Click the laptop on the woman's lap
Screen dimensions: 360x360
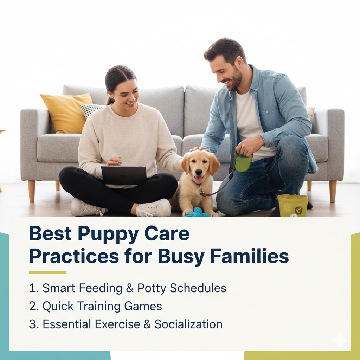click(124, 175)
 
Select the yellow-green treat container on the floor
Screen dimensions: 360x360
click(292, 206)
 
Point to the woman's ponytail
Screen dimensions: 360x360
click(110, 100)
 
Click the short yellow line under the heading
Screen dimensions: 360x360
click(47, 272)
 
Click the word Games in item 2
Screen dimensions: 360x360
click(143, 306)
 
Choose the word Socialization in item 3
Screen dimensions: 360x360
click(188, 324)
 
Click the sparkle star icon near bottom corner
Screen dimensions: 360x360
click(340, 340)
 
